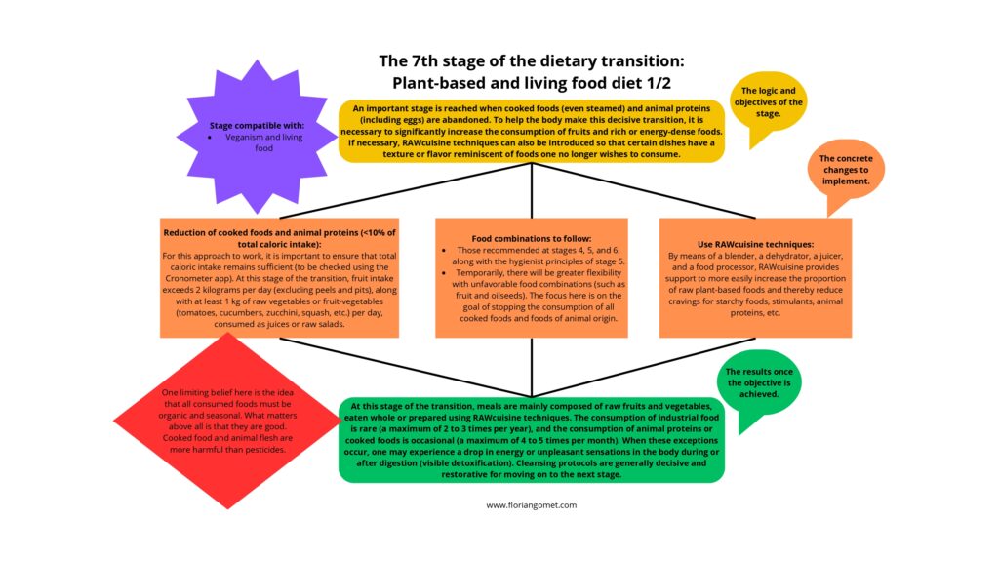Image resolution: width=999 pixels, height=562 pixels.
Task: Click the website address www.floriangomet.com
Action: [x=532, y=505]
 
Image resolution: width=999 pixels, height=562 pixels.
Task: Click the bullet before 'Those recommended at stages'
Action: [x=447, y=250]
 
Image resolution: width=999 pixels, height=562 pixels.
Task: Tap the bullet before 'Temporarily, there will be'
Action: [x=447, y=273]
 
